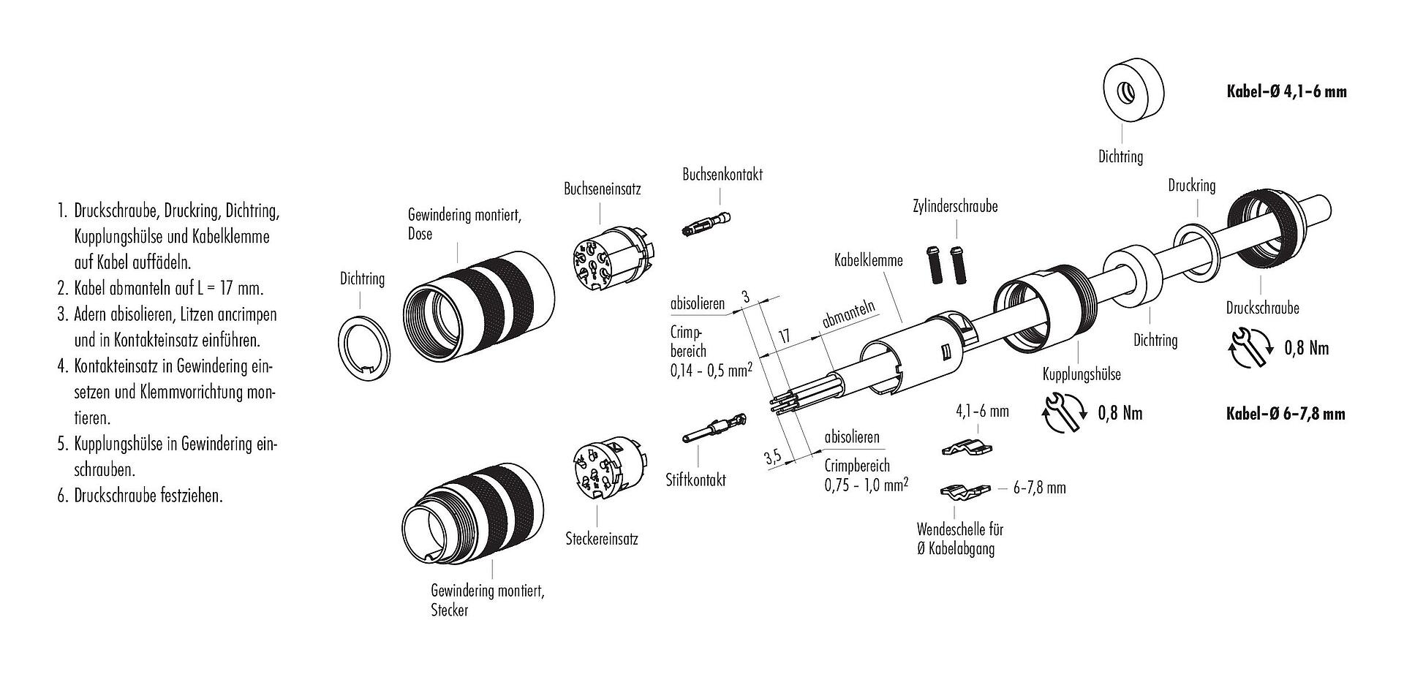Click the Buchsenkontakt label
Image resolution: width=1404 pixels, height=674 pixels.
tap(722, 175)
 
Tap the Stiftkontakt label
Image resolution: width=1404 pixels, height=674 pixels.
tap(695, 480)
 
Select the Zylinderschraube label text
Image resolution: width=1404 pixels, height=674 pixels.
tap(954, 207)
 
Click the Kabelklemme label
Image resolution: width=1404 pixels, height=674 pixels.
tap(869, 260)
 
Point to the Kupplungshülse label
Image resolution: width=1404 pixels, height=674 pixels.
tap(1082, 374)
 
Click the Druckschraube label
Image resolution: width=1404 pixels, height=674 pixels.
tap(1262, 308)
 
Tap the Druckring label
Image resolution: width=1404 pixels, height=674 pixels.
tap(1191, 186)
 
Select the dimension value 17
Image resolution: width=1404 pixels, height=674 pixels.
tap(783, 337)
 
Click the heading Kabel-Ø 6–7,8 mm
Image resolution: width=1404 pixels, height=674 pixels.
tap(1285, 414)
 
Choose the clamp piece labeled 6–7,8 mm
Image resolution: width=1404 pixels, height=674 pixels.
tap(964, 491)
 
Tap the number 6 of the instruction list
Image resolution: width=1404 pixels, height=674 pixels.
tap(62, 496)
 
